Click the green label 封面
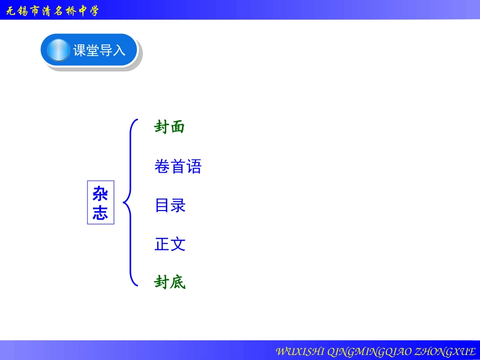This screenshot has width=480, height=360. [x=170, y=127]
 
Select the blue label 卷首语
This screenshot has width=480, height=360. [x=178, y=167]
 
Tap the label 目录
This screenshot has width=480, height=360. [x=170, y=205]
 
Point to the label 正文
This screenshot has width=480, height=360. [x=170, y=244]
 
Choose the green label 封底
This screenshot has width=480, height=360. [x=170, y=283]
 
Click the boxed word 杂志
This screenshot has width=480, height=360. [x=101, y=202]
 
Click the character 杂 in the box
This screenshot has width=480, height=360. [x=101, y=194]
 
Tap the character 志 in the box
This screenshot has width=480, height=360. [x=101, y=212]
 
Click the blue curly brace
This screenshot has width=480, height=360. [x=130, y=202]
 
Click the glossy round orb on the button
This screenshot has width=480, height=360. [x=59, y=50]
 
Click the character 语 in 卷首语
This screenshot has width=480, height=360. [x=194, y=167]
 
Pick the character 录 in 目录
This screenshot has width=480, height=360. [x=178, y=205]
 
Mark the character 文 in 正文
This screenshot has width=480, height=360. [x=178, y=244]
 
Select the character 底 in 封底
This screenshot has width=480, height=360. [x=178, y=283]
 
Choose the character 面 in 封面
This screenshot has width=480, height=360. [x=178, y=127]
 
